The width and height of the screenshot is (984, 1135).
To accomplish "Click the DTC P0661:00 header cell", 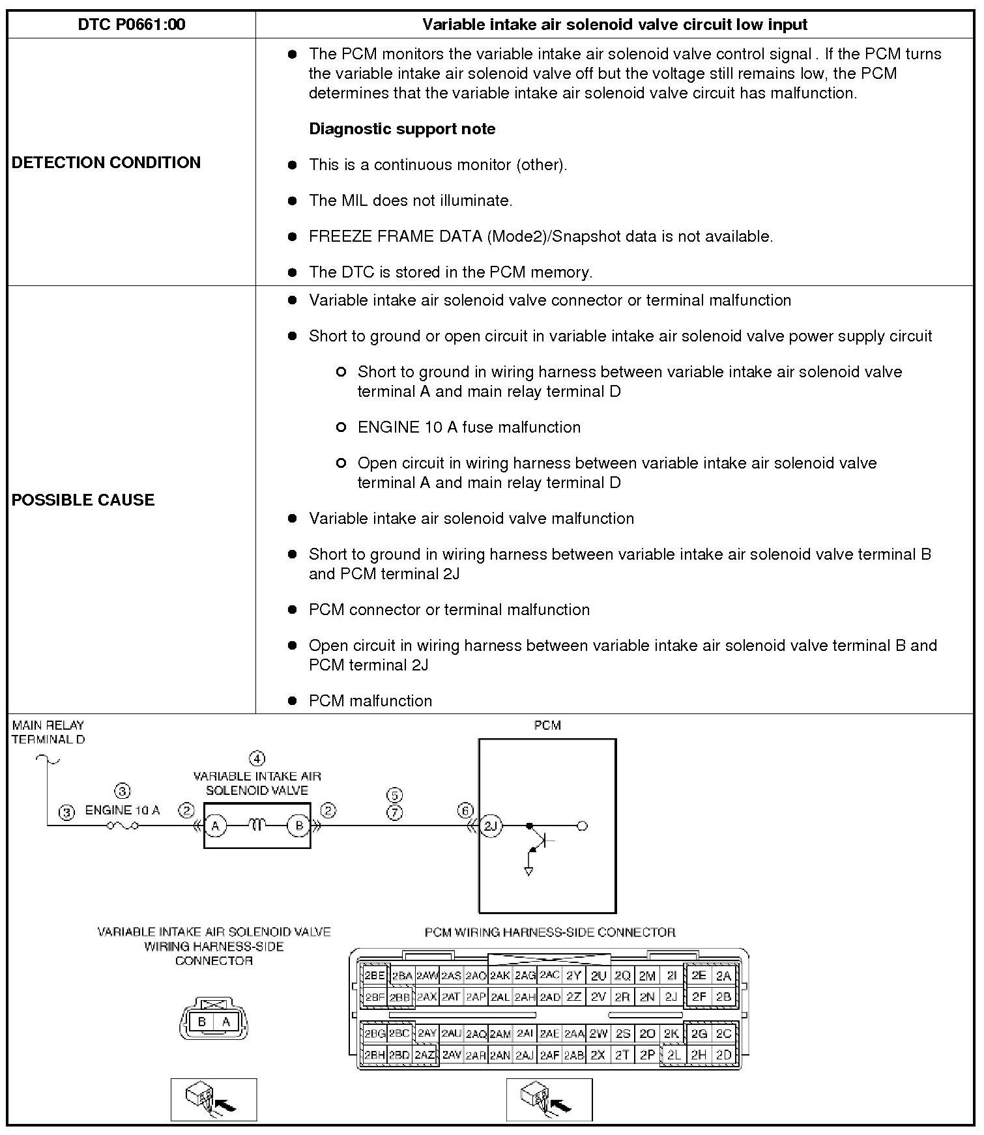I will click(131, 25).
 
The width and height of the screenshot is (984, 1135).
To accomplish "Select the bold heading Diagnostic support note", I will click(402, 129).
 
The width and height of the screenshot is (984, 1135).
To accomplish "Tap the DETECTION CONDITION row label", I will click(106, 162).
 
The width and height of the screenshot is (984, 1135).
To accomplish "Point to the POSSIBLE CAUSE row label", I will click(83, 500).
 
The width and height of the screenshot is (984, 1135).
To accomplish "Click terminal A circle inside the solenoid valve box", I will click(215, 826).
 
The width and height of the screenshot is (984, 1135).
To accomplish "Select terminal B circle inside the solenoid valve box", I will click(299, 826).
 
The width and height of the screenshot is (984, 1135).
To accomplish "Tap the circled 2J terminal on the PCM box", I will click(491, 826).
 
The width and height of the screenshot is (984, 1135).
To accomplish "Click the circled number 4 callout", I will click(257, 759).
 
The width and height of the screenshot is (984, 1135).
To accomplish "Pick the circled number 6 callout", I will click(465, 811).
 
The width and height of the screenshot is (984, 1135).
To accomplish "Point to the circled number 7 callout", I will click(395, 812).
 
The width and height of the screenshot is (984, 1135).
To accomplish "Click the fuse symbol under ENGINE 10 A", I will click(123, 826).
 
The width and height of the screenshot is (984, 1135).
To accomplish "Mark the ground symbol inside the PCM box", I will click(528, 870).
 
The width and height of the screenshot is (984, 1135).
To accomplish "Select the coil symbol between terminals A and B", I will click(257, 826).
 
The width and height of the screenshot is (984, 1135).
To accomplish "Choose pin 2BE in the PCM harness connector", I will click(375, 975).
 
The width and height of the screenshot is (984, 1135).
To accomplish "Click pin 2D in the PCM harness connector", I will click(723, 1055).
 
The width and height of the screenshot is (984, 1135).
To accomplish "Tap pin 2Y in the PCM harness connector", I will click(573, 975).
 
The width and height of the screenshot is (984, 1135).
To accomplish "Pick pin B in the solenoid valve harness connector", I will click(202, 1022).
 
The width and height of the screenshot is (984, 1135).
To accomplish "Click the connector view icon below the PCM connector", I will click(549, 1100).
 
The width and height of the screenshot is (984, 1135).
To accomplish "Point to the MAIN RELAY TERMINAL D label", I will click(48, 732).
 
